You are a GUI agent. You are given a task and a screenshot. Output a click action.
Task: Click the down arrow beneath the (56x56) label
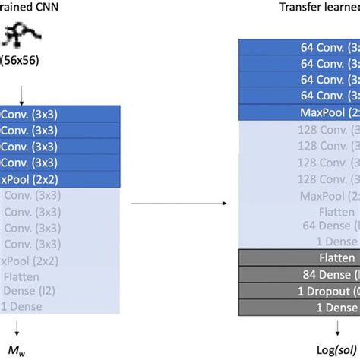(22, 96)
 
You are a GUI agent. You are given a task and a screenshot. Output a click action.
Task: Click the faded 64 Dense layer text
(327, 226)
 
